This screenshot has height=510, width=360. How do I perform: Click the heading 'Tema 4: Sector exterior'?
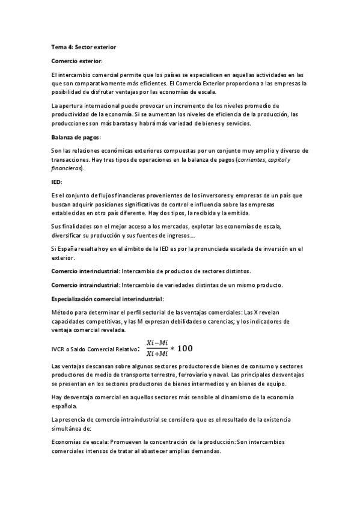pyautogui.click(x=82, y=46)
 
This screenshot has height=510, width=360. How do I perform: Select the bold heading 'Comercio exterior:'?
pyautogui.click(x=77, y=61)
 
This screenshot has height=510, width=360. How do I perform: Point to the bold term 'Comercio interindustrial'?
pyautogui.click(x=85, y=271)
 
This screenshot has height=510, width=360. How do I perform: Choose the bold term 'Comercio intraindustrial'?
pyautogui.click(x=85, y=284)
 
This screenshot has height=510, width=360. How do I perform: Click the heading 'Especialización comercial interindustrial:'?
pyautogui.click(x=108, y=298)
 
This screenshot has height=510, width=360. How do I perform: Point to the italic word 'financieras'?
pyautogui.click(x=67, y=168)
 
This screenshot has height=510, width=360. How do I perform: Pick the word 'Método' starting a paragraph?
pyautogui.click(x=63, y=313)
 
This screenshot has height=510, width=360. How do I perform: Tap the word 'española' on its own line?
pyautogui.click(x=66, y=406)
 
